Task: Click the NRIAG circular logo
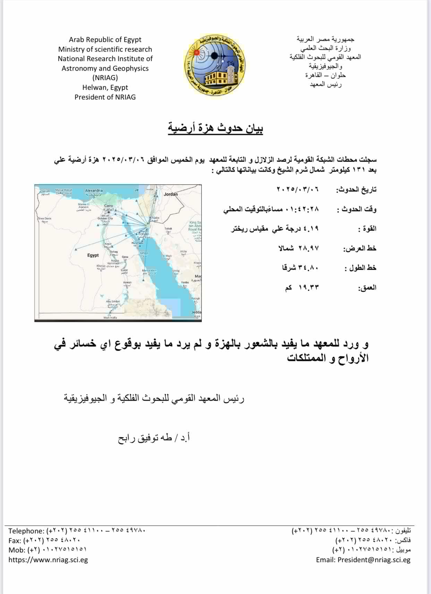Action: [x=214, y=65]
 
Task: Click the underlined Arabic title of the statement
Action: [x=215, y=128]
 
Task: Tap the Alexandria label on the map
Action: [x=94, y=191]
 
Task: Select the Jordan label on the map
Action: [x=171, y=194]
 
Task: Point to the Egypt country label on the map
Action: [x=93, y=255]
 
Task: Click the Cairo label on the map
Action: [x=109, y=206]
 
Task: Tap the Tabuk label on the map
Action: [x=168, y=229]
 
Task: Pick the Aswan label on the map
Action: [x=127, y=282]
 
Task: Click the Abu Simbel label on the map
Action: [x=113, y=302]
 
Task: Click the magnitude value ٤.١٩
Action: [x=311, y=229]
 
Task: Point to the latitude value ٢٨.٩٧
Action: [x=309, y=248]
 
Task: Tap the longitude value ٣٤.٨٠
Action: [x=310, y=268]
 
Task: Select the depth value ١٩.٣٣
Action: [x=309, y=288]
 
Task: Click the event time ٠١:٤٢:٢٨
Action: [x=302, y=209]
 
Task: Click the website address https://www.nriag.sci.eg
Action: [x=48, y=560]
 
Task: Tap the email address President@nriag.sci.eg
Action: [x=373, y=560]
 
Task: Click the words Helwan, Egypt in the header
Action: [x=105, y=87]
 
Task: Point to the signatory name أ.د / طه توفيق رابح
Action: [x=154, y=438]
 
